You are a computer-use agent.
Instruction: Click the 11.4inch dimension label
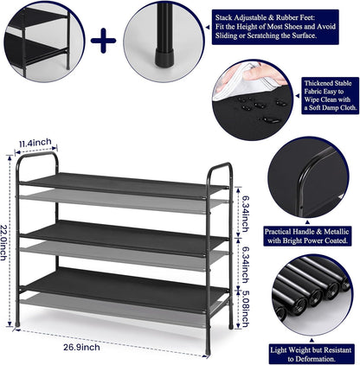36,142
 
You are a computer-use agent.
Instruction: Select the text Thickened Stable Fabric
331,88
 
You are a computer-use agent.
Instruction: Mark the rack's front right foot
230,325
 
